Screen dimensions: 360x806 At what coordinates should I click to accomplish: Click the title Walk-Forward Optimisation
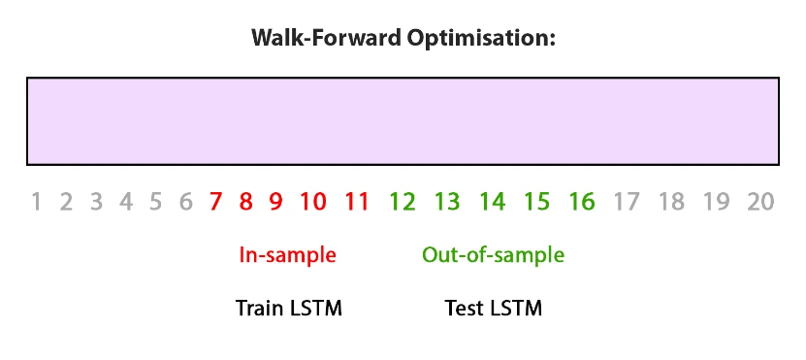click(x=403, y=39)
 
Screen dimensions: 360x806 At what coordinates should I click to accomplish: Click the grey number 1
click(x=36, y=202)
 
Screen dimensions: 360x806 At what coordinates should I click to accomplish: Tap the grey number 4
click(x=125, y=202)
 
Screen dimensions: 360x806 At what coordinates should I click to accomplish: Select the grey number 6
click(x=185, y=202)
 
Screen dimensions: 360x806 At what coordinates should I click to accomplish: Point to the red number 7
click(x=215, y=202)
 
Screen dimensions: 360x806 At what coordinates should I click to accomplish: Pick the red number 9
click(x=275, y=202)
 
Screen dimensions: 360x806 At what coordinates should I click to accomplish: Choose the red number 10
click(x=312, y=202)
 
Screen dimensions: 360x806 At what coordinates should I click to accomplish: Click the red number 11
click(x=357, y=202)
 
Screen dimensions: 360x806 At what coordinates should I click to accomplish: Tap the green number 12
click(x=403, y=202)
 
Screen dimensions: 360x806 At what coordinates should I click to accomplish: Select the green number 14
click(x=492, y=202)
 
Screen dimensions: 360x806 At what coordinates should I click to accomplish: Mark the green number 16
click(x=581, y=202)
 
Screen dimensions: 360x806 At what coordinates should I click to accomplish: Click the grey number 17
click(x=627, y=202)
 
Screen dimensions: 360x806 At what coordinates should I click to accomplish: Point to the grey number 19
click(x=716, y=202)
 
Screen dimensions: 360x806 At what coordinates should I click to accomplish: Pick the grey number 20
click(x=760, y=202)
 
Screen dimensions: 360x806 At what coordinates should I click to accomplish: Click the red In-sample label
click(x=287, y=256)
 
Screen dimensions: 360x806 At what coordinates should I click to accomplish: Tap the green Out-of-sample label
click(x=493, y=256)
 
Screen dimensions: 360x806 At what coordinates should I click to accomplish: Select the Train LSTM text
click(x=289, y=309)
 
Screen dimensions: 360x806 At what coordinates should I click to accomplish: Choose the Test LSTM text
click(x=493, y=309)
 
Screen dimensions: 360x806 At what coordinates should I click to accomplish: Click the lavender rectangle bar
click(x=403, y=120)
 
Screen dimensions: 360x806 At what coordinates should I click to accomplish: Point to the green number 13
click(x=447, y=202)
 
